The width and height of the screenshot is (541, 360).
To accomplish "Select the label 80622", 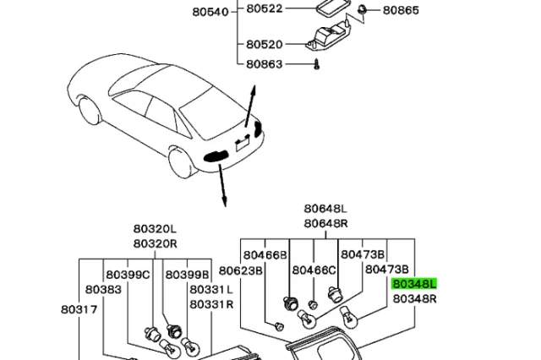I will [265, 9].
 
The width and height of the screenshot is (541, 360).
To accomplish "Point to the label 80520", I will [265, 44].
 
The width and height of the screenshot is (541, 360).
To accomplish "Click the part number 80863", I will [265, 63].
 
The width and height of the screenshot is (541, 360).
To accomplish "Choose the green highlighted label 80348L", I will [413, 285].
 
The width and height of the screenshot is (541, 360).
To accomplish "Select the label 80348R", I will [413, 298].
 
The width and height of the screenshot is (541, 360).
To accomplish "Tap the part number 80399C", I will [128, 275].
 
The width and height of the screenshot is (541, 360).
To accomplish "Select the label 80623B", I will [241, 270].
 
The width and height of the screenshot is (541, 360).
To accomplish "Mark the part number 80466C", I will [314, 270].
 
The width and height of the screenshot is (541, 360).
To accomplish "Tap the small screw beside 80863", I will [314, 63].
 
